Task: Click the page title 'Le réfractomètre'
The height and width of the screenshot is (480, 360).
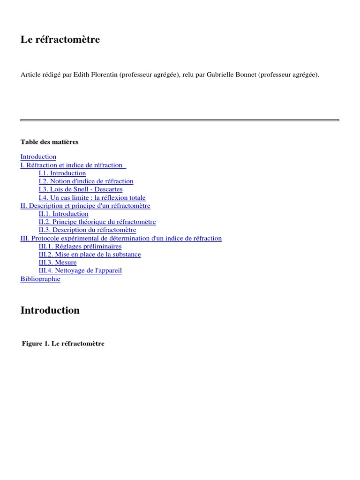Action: [x=60, y=40]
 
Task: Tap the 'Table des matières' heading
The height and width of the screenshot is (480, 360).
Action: [x=50, y=142]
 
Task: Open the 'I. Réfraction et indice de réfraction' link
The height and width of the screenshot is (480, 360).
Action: [x=73, y=165]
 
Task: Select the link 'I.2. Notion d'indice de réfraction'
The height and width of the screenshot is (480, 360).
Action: [x=86, y=181]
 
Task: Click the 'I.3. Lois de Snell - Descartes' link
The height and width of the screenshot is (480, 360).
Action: [x=81, y=189]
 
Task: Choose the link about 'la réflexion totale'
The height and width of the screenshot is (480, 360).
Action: [x=92, y=198]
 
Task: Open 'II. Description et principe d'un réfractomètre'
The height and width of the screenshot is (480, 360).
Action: [x=85, y=206]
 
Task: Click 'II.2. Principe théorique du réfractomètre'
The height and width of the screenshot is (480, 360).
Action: [x=97, y=222]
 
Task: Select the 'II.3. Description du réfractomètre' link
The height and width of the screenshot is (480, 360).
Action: [x=87, y=230]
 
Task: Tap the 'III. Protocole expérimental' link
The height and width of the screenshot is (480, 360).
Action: [x=121, y=238]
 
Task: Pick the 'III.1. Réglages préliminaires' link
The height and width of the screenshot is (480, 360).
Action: [x=80, y=246]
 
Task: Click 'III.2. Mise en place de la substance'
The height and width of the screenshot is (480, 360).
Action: [x=90, y=255]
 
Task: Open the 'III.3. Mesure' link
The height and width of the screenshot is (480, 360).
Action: [x=58, y=262]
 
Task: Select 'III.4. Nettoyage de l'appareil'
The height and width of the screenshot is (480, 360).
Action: [x=80, y=270]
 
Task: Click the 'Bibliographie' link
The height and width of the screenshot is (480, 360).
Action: [x=40, y=279]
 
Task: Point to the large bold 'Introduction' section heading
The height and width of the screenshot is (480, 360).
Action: [x=50, y=310]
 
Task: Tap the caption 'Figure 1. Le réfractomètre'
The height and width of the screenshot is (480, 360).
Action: [x=63, y=344]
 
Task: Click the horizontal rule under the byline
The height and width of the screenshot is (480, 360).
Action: [x=180, y=120]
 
